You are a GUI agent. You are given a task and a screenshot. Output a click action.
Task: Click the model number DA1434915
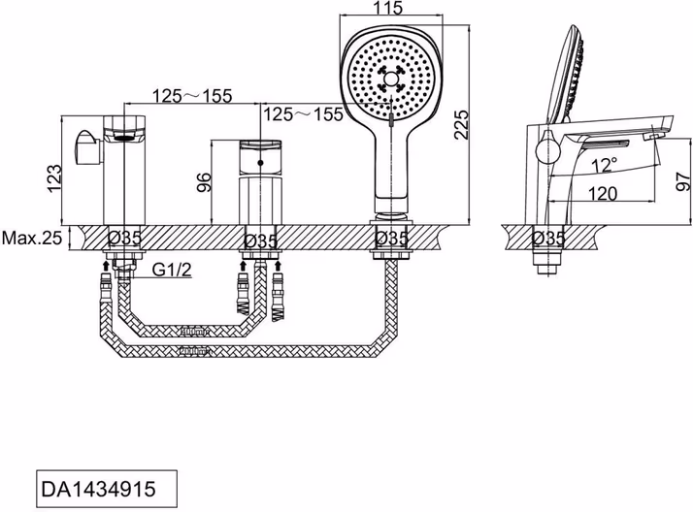[98, 489]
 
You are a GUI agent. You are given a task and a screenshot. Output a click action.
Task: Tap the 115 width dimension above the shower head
[387, 8]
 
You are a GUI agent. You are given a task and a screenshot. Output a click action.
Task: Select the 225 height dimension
[461, 124]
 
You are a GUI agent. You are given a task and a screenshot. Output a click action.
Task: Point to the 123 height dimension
[54, 178]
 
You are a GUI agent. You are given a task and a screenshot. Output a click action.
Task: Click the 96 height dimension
[204, 182]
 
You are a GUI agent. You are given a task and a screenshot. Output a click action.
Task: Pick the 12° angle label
[605, 165]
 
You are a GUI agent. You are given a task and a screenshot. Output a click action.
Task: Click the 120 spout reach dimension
[603, 193]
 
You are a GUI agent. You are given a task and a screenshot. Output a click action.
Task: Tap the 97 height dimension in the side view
[683, 181]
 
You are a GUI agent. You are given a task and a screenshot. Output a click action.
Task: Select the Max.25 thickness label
[32, 239]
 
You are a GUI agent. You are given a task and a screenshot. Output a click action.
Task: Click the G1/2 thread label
[172, 270]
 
